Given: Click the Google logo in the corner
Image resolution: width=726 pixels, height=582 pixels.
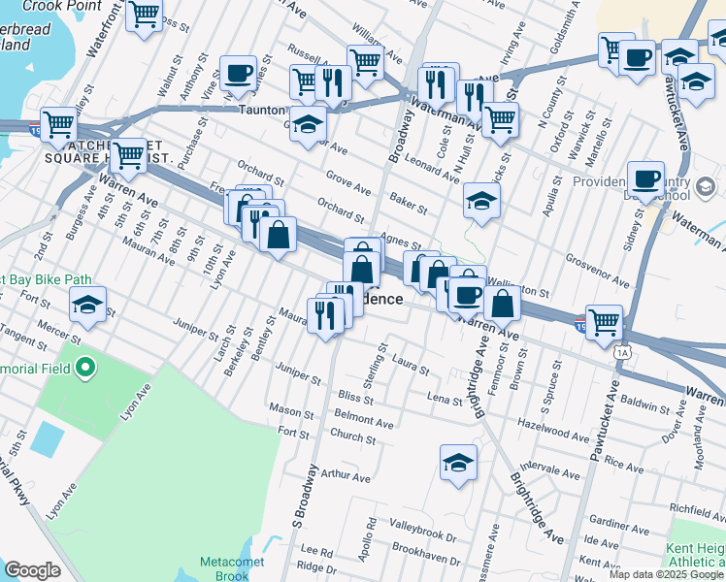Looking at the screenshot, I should point(32,570).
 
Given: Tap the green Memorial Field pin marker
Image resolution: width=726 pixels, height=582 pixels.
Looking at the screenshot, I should point(83,368).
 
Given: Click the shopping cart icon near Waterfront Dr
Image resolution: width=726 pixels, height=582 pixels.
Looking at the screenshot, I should point(144,16).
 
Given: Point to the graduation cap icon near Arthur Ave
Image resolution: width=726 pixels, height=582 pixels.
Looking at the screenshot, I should point(458,463).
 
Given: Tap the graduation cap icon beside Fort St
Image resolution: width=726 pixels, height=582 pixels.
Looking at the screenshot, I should point(87,306).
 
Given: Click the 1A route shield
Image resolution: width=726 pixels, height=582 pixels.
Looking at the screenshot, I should point(621,352).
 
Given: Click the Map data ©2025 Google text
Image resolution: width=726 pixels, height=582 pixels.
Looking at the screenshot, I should point(666,573).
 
